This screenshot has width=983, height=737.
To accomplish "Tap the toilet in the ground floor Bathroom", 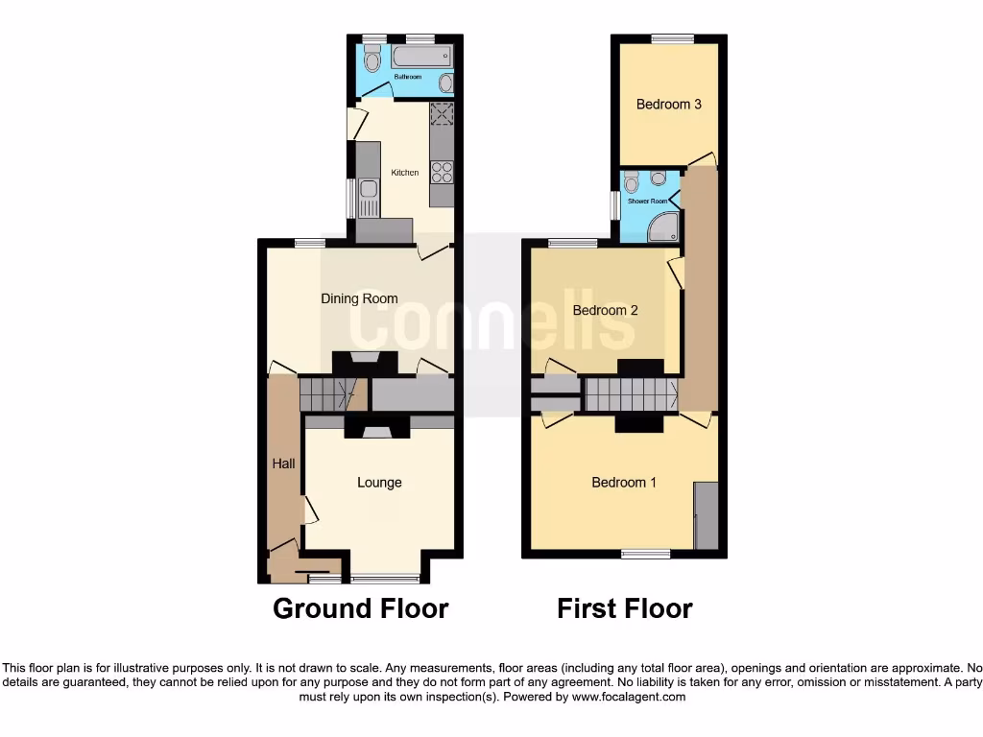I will (x=372, y=59).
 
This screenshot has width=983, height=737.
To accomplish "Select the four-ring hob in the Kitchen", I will (x=442, y=172).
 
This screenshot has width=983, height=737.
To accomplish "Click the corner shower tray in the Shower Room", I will (x=664, y=226).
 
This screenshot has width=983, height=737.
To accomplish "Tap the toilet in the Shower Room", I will (x=658, y=178).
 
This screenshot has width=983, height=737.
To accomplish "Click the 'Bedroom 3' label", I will (x=668, y=105).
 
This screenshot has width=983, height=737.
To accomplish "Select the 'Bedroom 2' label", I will (x=605, y=310).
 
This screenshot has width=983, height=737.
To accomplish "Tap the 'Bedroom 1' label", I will (x=624, y=482).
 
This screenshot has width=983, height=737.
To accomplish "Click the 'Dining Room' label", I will (x=359, y=298).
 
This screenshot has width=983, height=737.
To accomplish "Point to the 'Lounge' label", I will (x=379, y=482).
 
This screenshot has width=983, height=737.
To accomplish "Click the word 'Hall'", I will (x=283, y=464).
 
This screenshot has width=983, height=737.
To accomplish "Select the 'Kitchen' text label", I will (x=404, y=173).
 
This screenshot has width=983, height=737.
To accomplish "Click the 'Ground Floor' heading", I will (x=361, y=608).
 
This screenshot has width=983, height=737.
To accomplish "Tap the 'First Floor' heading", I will (x=625, y=608).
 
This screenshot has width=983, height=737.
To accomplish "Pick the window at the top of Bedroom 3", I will (x=672, y=38).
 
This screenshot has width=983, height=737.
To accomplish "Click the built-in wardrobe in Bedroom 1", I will (x=706, y=516).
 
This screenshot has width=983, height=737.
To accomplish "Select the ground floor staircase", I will (x=327, y=393).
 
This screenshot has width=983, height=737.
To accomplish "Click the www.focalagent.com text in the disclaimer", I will (x=628, y=697).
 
